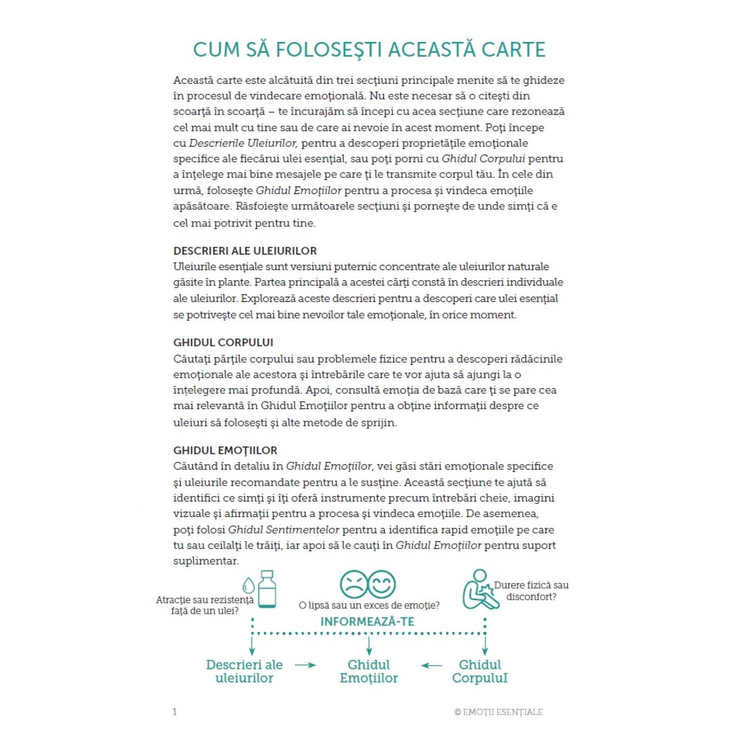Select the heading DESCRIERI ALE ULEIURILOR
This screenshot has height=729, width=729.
pos(245,251)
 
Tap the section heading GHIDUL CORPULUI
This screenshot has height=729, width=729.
pos(223,343)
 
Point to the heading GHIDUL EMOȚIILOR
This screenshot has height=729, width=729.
pos(225,451)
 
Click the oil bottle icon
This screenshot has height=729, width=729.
pos(267,589)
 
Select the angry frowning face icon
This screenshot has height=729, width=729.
pos(354,585)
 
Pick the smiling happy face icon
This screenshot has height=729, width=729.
pos(382,585)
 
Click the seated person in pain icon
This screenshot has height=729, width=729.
pos(477,590)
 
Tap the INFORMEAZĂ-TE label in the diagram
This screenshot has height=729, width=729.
pos(367,622)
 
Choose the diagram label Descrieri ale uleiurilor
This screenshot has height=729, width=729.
pos(244,671)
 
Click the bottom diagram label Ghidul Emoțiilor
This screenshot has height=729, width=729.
pos(369,671)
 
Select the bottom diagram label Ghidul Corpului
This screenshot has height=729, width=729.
pos(480,671)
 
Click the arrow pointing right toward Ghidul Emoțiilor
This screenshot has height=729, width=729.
pos(305,665)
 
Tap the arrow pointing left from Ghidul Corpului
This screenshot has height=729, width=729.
pos(431,666)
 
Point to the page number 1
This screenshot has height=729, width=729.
pos(175,712)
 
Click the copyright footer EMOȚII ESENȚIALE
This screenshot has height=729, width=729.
pos(498,712)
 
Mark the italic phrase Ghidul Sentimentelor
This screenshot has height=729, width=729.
pos(284,530)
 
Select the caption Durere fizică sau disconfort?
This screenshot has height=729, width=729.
pos(531,591)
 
